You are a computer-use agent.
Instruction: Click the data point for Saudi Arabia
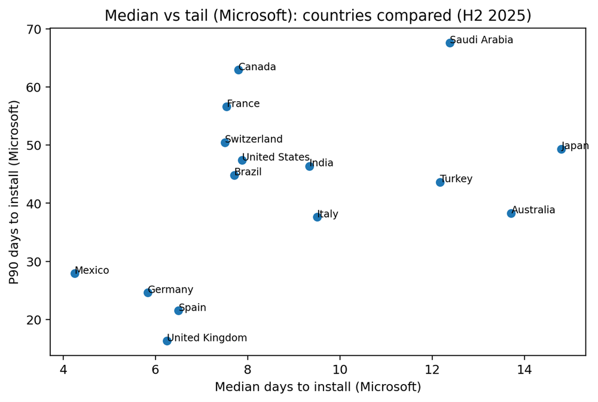tap(450, 43)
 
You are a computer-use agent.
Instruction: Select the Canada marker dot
tap(238, 69)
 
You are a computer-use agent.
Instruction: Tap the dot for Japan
tap(561, 149)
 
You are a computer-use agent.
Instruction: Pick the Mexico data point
tap(75, 273)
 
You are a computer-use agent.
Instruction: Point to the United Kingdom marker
tap(167, 341)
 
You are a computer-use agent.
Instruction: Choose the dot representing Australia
tap(511, 213)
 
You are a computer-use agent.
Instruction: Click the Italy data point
tap(317, 217)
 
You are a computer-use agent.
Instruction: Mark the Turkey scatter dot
tap(440, 182)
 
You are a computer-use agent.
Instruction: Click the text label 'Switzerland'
tap(254, 140)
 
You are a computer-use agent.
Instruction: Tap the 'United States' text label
tap(276, 158)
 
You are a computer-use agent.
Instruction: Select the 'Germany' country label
tap(170, 290)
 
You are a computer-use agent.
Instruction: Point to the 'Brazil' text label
tap(248, 173)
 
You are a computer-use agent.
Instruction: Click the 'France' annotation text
tap(243, 104)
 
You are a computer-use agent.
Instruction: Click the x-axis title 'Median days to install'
tap(318, 388)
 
